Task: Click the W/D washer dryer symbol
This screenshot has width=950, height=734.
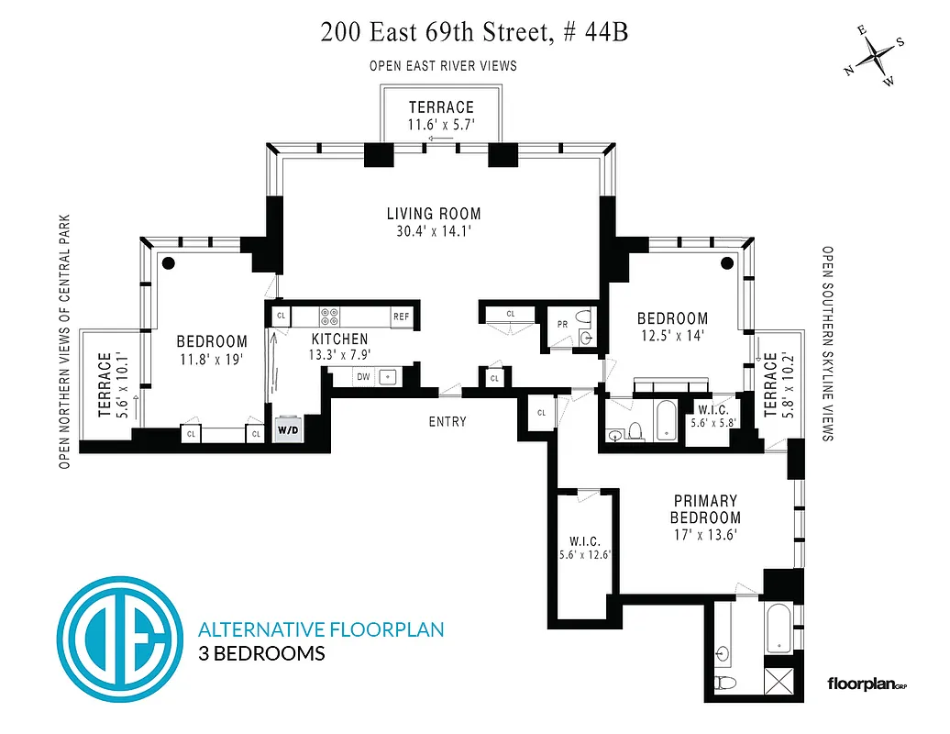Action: pyautogui.click(x=287, y=430)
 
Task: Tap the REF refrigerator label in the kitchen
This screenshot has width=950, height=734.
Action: pyautogui.click(x=401, y=317)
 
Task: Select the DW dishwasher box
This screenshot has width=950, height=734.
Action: pyautogui.click(x=362, y=376)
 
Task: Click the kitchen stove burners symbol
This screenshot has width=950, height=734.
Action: pyautogui.click(x=331, y=317)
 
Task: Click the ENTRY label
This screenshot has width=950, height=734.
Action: pyautogui.click(x=447, y=422)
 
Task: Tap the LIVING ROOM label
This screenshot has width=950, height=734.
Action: pyautogui.click(x=433, y=214)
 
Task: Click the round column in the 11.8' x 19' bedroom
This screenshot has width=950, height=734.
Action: pyautogui.click(x=169, y=262)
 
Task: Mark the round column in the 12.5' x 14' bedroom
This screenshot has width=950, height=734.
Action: pyautogui.click(x=727, y=262)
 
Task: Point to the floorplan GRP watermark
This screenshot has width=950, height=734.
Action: pyautogui.click(x=867, y=684)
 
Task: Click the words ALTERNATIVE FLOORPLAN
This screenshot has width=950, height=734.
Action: pyautogui.click(x=321, y=629)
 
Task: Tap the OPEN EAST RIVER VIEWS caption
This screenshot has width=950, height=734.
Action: pyautogui.click(x=443, y=66)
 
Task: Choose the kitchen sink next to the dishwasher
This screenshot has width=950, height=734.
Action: pyautogui.click(x=389, y=376)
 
